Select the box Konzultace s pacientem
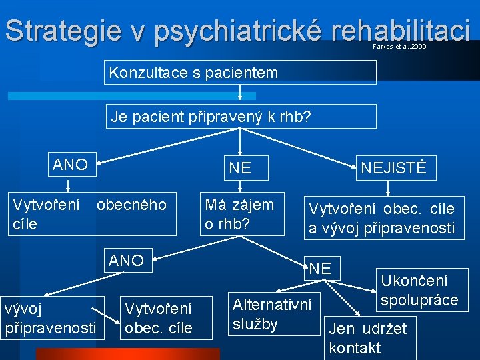240,73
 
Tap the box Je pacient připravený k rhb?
240,117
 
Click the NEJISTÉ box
393,168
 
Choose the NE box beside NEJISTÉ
240,168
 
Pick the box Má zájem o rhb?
239,214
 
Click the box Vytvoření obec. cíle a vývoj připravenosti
381,218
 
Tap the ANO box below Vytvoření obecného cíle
127,260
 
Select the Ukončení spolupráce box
420,290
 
